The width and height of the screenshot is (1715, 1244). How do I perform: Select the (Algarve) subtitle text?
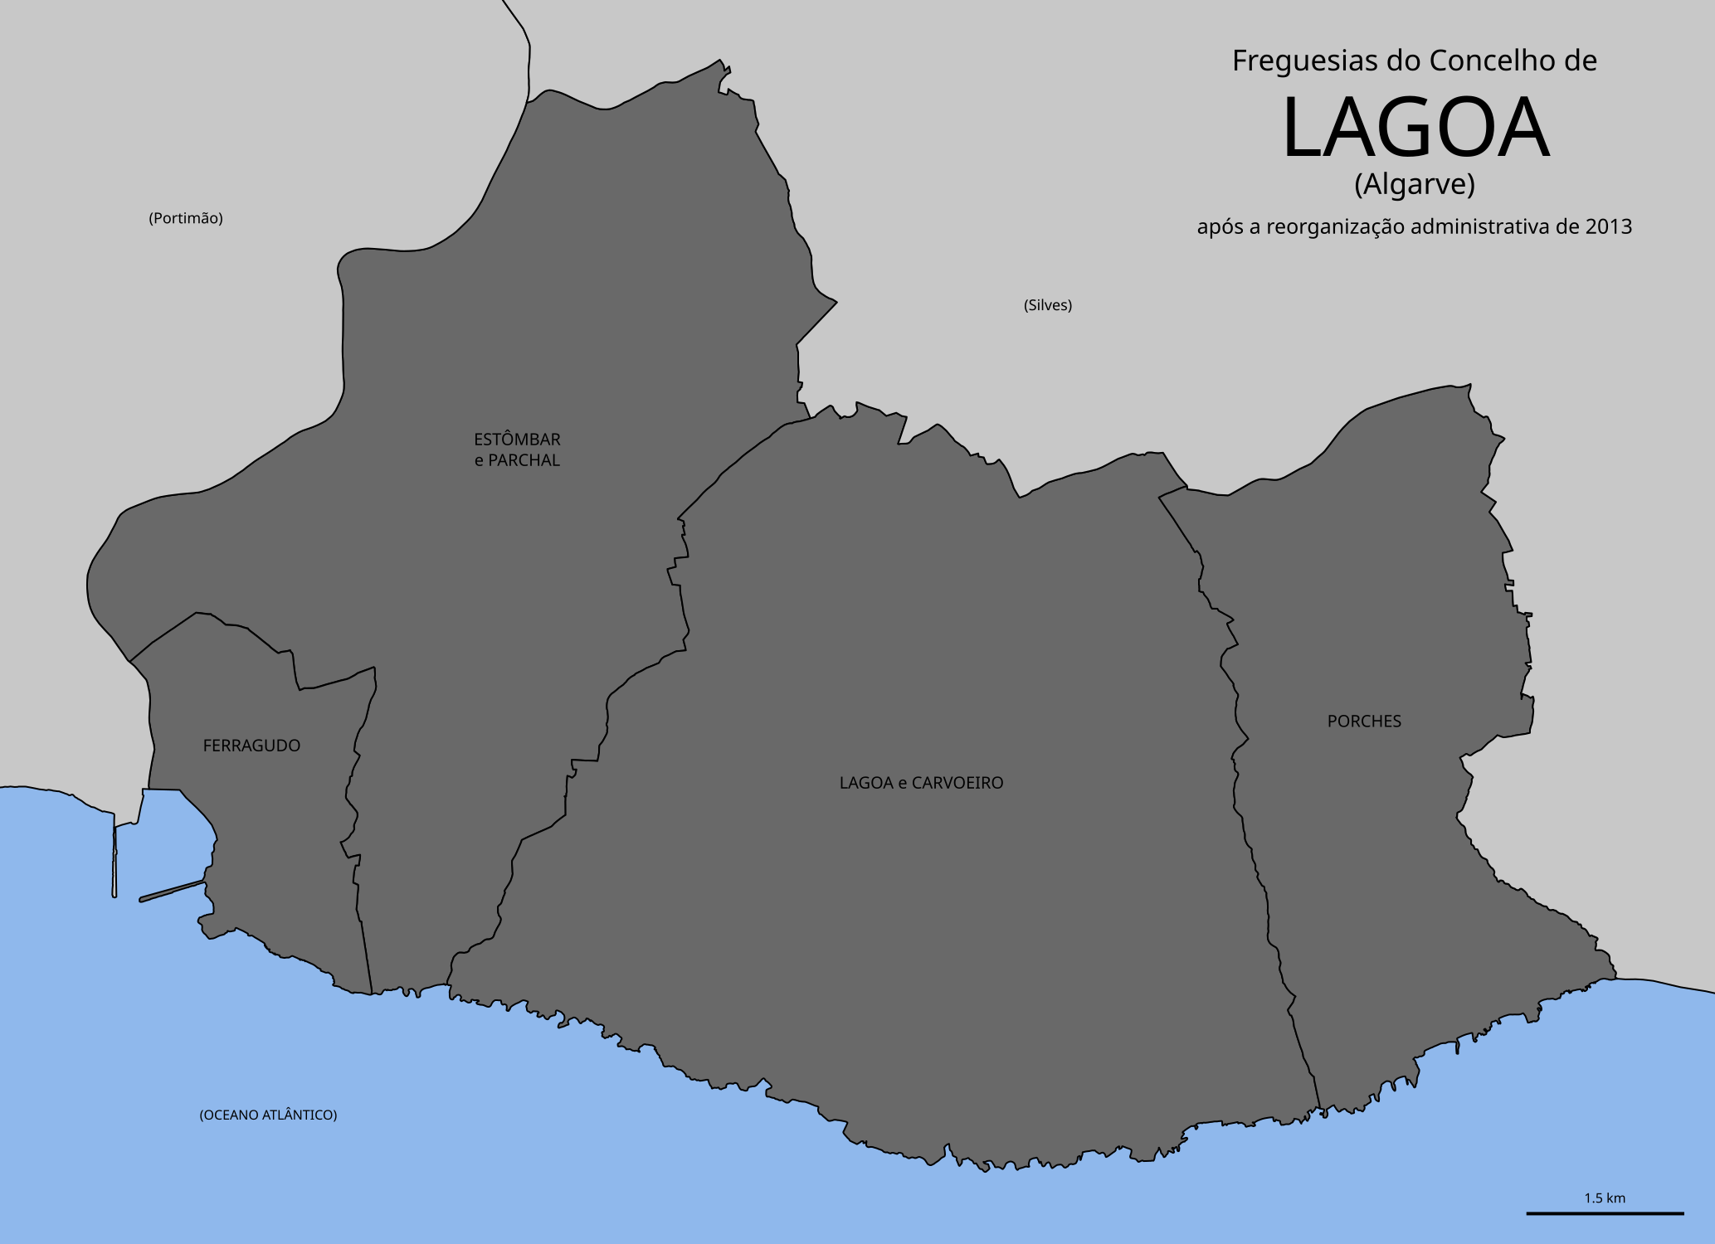(1415, 184)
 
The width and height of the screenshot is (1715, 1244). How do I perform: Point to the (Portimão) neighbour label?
(186, 218)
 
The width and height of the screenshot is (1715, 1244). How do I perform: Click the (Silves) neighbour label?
(1047, 305)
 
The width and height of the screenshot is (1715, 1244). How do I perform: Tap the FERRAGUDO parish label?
(251, 746)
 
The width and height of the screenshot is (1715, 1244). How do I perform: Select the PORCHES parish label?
(1364, 722)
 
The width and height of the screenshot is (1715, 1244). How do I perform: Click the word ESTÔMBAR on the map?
(517, 440)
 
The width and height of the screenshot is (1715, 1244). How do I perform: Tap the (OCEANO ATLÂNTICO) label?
(268, 1115)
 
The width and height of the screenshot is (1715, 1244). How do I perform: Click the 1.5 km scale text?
(1604, 1198)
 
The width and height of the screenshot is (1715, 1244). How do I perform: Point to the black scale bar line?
(1604, 1213)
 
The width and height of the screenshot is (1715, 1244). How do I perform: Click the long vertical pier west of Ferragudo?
(114, 854)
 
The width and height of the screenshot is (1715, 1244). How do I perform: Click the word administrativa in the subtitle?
(1494, 226)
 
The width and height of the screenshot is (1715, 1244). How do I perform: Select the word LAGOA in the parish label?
(865, 783)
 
